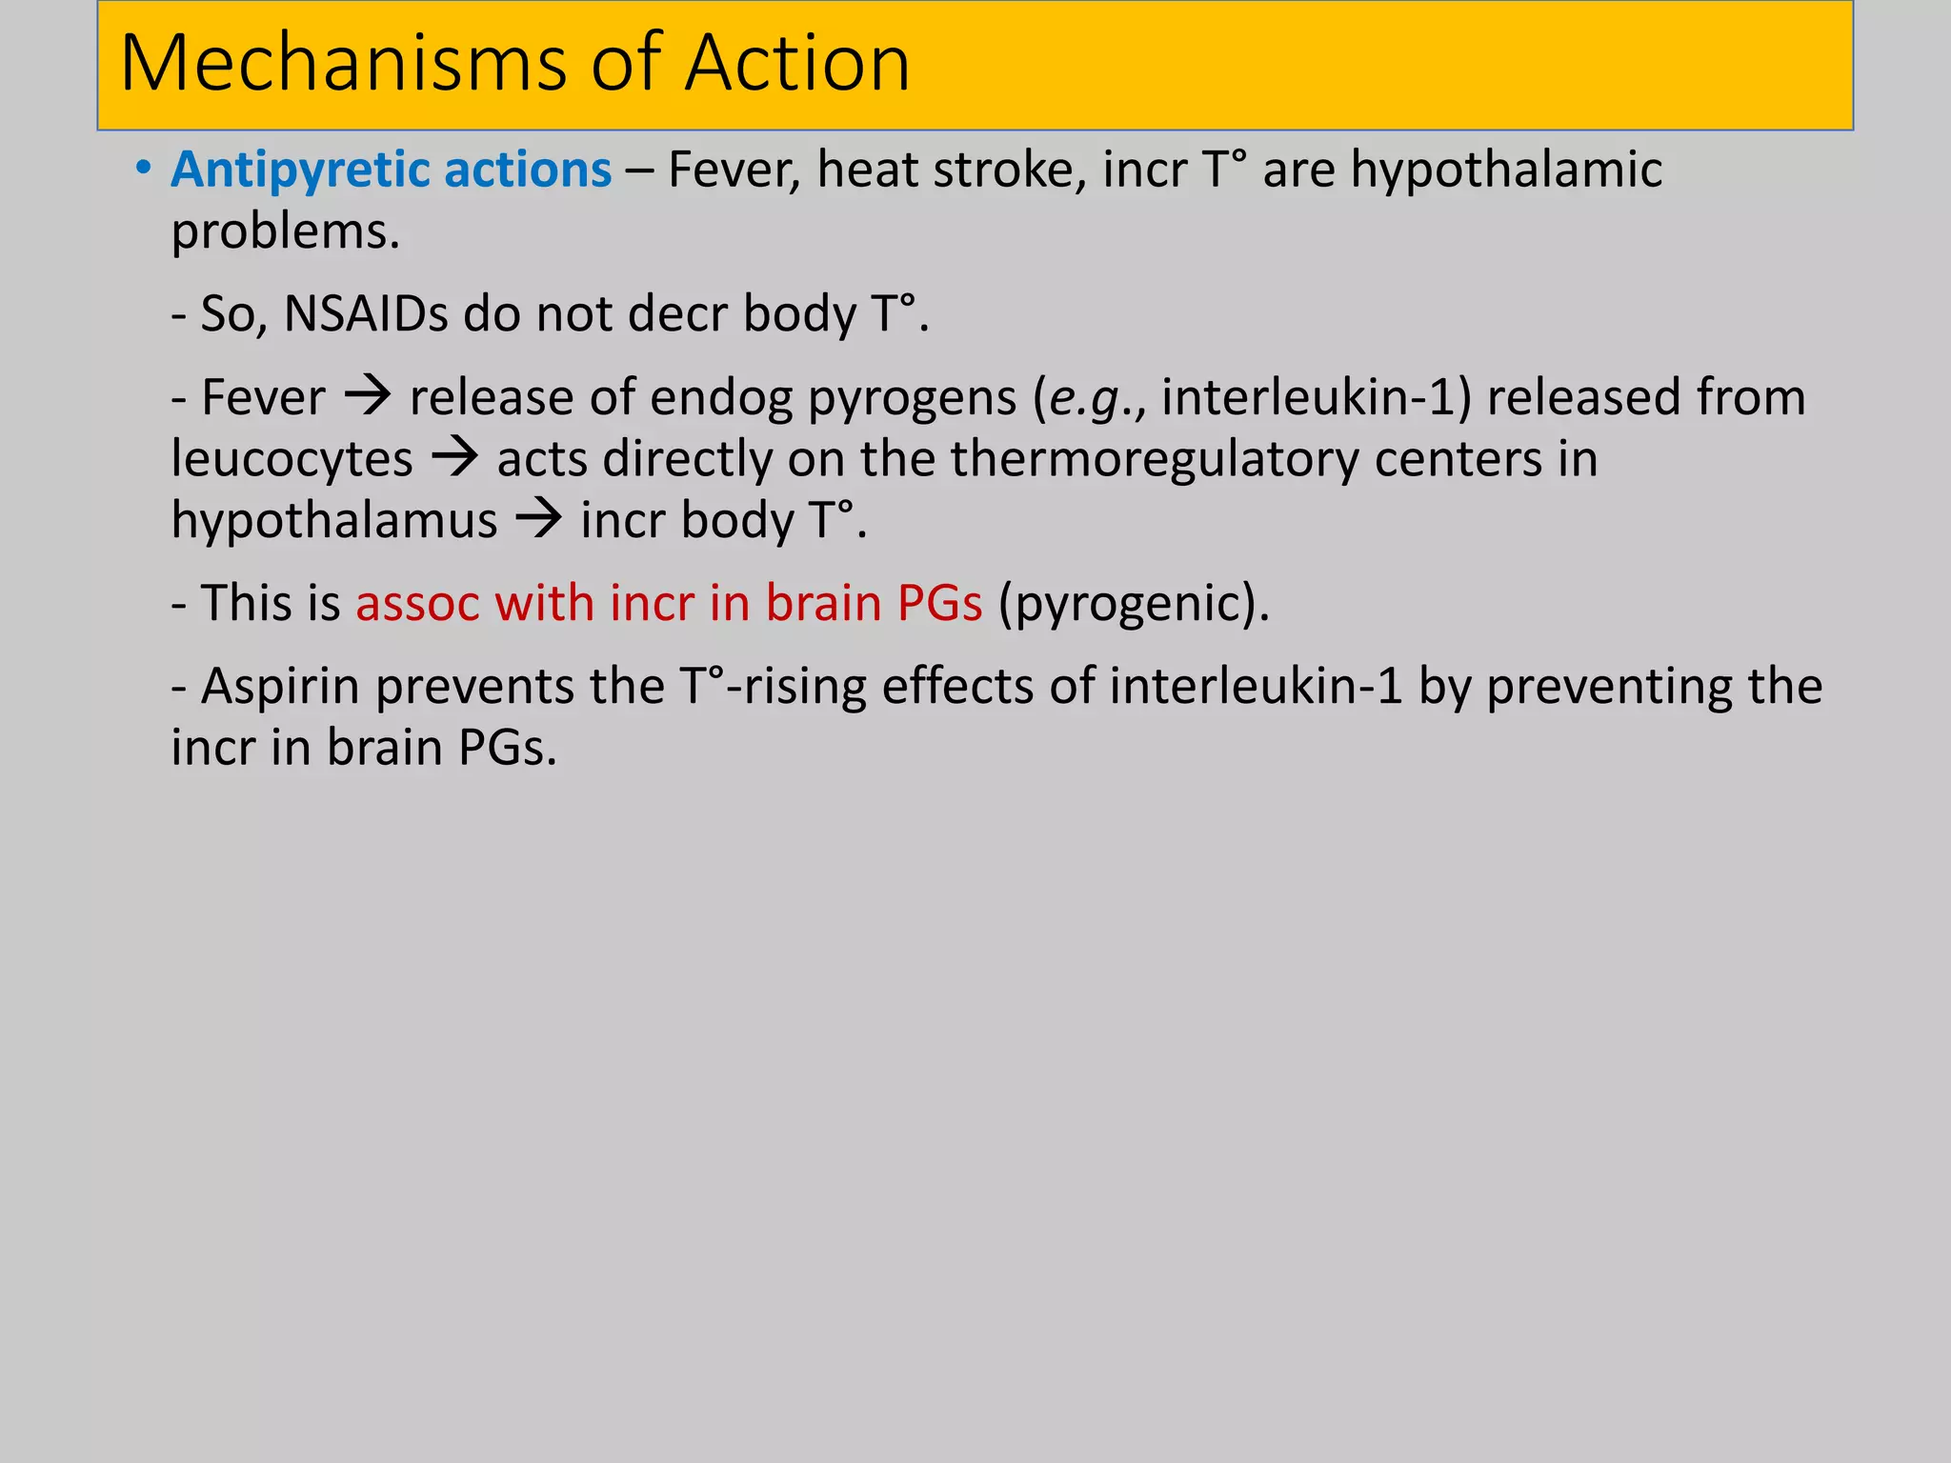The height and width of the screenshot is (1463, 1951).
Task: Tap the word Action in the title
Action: [x=797, y=64]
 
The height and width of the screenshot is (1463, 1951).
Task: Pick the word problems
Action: [x=285, y=232]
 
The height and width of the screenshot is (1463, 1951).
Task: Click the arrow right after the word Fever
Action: [x=368, y=395]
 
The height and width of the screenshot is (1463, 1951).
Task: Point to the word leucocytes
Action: [x=292, y=459]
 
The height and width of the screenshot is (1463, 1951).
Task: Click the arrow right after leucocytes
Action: [x=454, y=458]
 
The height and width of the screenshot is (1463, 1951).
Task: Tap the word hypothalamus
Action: [x=334, y=522]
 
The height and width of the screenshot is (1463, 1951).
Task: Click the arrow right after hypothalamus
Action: [x=539, y=520]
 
